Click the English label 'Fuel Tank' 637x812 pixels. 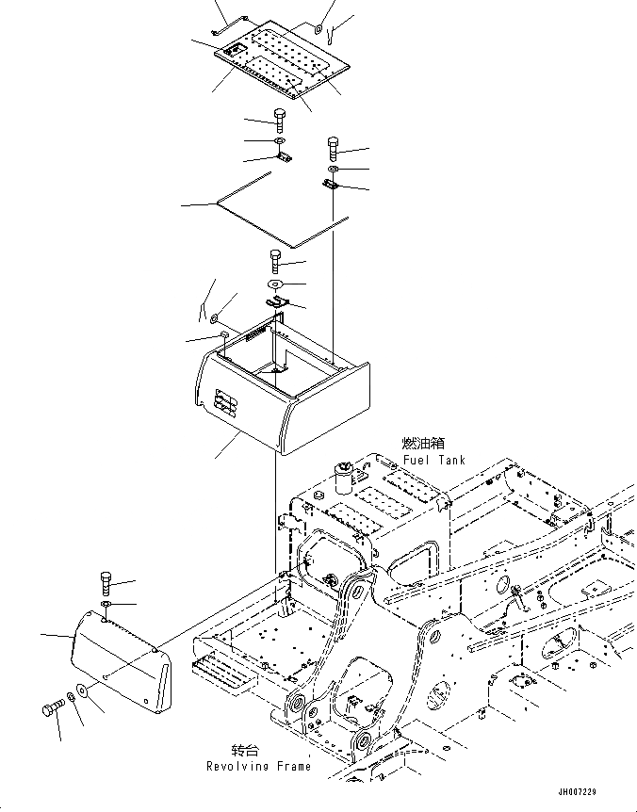click(x=433, y=461)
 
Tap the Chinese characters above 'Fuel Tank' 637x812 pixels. click(x=423, y=443)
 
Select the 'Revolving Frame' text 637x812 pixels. click(x=258, y=766)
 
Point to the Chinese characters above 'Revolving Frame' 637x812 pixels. click(x=245, y=750)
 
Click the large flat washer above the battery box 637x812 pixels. click(x=273, y=284)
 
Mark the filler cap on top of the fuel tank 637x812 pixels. click(x=345, y=468)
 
